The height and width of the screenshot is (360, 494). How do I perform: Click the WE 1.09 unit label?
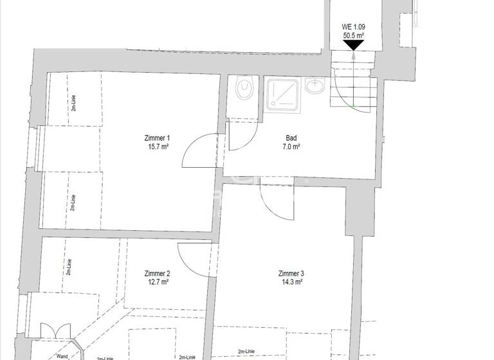coord(354,27)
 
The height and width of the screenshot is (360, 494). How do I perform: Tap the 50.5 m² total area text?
coord(354,36)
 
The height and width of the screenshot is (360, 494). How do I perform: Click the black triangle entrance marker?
coord(354,46)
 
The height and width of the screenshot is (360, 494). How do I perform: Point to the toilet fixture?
coord(244,89)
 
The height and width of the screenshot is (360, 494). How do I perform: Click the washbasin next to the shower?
coord(316,86)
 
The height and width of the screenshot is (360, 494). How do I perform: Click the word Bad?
coord(292,138)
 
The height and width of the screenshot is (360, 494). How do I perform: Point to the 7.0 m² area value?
coord(292,146)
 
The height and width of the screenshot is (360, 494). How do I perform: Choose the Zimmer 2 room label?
coord(158,273)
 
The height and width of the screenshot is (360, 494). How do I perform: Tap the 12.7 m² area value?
coord(158,281)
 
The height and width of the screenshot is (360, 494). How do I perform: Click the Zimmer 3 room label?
coord(291,273)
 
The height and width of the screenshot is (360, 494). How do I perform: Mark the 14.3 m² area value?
coord(291,281)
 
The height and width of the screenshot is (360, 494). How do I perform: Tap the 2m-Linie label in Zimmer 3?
coord(246,352)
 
